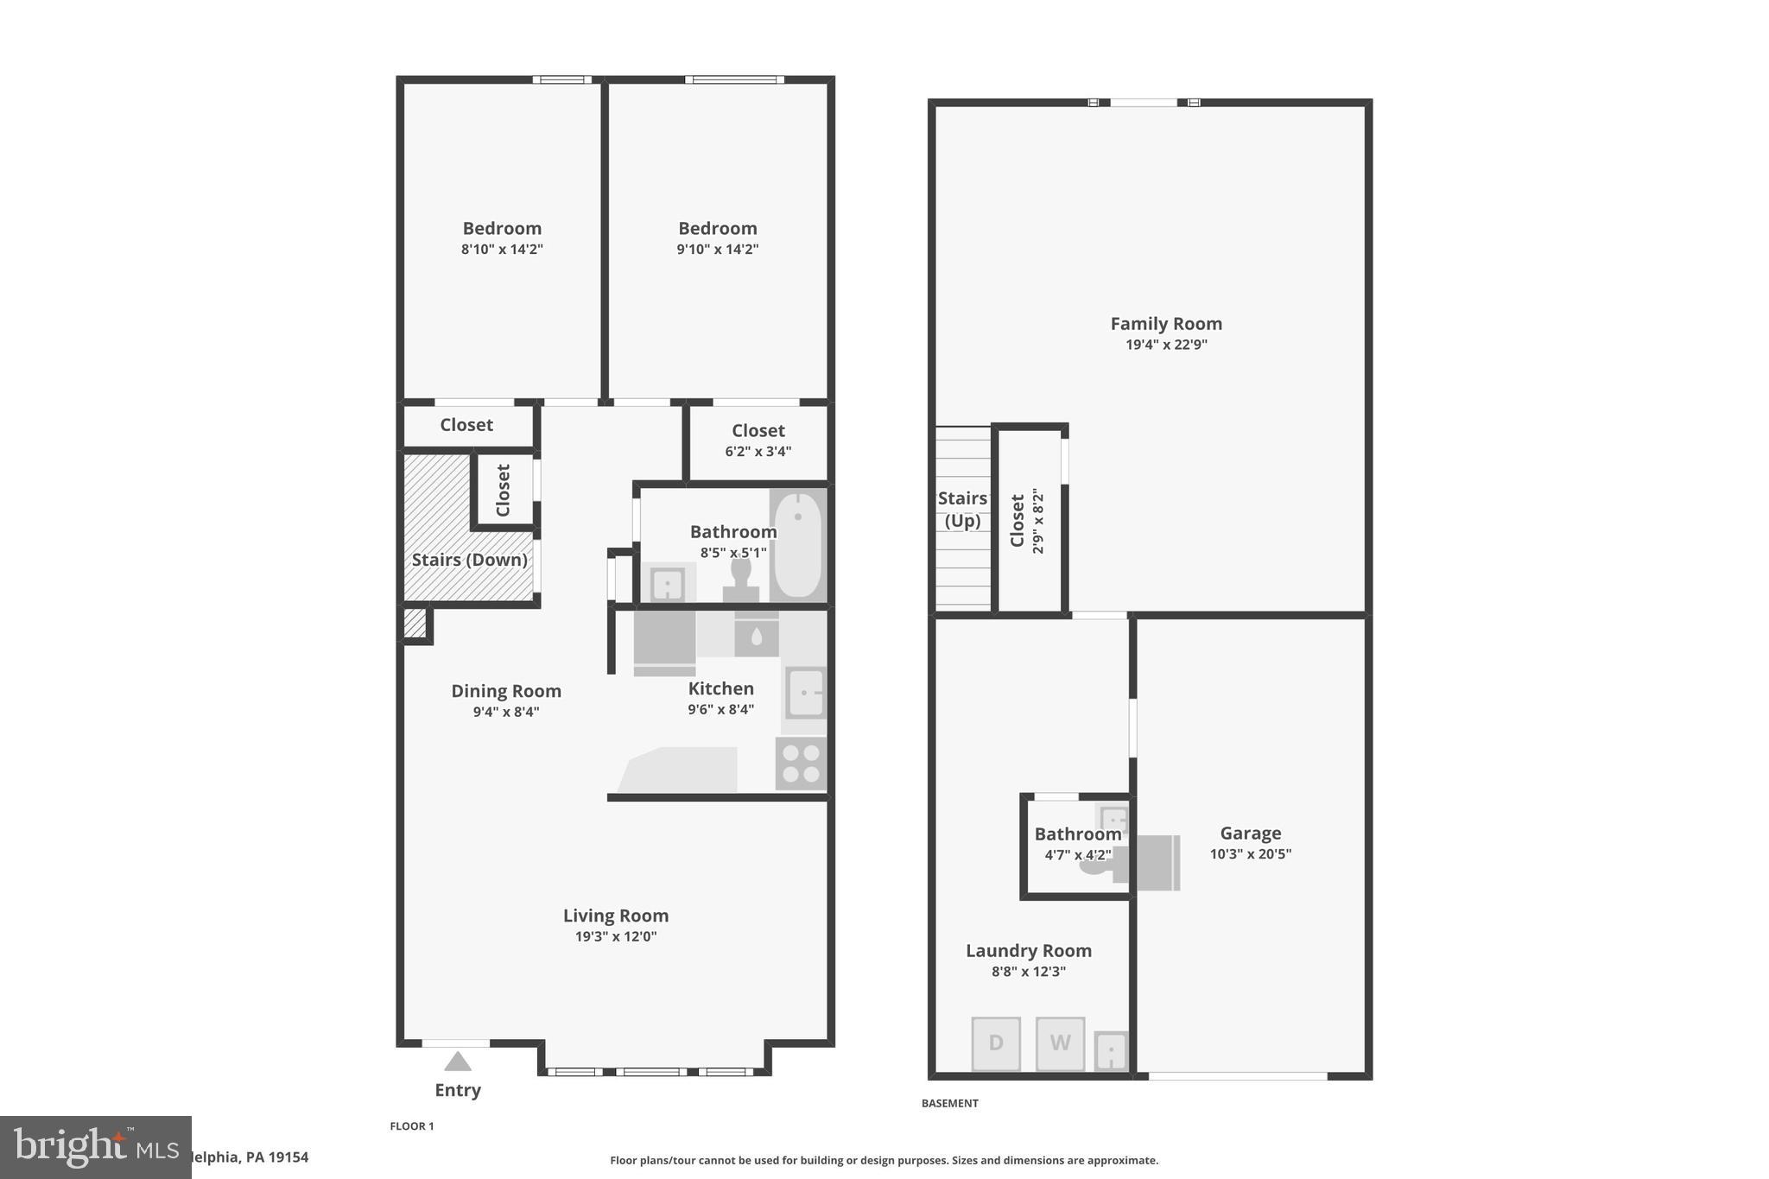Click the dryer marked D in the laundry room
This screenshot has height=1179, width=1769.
(996, 1043)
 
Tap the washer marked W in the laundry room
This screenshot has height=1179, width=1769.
(1060, 1043)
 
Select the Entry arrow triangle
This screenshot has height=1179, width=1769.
(458, 1062)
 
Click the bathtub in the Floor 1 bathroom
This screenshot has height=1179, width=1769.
(797, 544)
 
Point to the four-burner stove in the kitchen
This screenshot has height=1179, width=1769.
(801, 764)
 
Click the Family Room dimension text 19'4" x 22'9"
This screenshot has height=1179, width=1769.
(1166, 345)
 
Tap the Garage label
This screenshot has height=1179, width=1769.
(1250, 834)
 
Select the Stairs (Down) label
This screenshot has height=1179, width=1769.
(469, 560)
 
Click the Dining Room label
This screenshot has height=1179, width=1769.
(506, 691)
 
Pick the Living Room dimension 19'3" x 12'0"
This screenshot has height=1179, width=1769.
(616, 936)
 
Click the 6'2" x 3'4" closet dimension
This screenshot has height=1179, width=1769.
(758, 451)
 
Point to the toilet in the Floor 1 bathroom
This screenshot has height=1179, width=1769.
(741, 580)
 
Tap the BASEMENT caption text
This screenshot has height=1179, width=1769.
(949, 1103)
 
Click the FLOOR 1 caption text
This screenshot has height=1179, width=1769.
(412, 1126)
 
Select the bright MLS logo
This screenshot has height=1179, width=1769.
(95, 1147)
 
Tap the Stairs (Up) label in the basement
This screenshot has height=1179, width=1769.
(962, 509)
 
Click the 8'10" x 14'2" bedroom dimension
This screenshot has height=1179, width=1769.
(502, 250)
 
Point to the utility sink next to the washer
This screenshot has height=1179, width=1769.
(1111, 1051)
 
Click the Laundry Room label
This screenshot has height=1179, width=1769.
(1028, 951)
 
